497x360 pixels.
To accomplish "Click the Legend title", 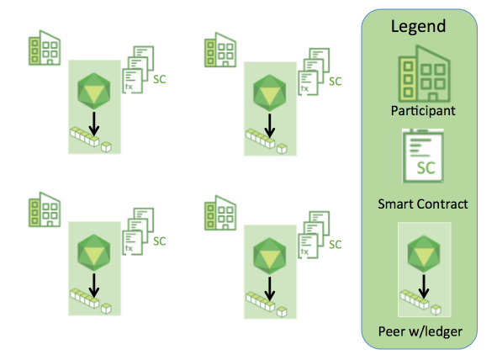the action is tap(418, 27).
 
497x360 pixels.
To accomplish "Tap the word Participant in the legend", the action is tap(423, 111).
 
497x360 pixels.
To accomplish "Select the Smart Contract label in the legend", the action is tap(423, 204).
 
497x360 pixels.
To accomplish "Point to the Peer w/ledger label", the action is tap(420, 331).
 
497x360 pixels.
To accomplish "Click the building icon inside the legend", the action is tap(424, 73).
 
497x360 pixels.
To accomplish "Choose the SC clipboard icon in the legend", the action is tap(423, 156).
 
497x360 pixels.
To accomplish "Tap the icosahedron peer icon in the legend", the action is tap(424, 253).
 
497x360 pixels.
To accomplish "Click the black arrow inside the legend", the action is tap(424, 287).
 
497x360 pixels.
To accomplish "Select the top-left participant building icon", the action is tap(45, 48).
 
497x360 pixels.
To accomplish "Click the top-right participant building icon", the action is tap(220, 50).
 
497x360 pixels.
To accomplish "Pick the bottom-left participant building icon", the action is tap(45, 209).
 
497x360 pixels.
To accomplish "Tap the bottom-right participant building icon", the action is tap(220, 213).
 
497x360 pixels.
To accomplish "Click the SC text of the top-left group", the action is tap(160, 79).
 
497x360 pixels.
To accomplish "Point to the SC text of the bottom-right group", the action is tap(335, 244).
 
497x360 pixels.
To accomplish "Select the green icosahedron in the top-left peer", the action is tap(94, 92).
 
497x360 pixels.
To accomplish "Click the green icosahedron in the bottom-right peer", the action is tap(269, 256).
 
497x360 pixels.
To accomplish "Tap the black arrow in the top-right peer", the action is tap(270, 126).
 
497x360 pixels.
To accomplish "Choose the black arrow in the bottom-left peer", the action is tap(94, 286).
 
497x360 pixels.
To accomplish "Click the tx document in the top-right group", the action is tap(309, 83).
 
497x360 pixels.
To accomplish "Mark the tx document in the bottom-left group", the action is tap(133, 243).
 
